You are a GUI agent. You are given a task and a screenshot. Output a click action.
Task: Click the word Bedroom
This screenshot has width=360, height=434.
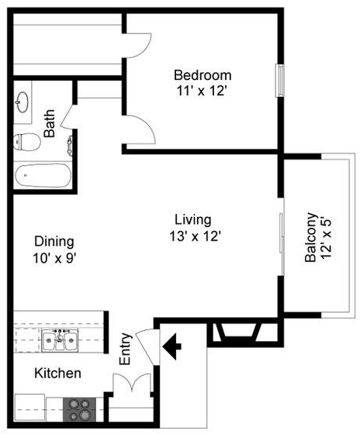[202, 75]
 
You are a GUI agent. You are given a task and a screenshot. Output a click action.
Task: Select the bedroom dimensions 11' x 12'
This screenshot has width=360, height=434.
[202, 91]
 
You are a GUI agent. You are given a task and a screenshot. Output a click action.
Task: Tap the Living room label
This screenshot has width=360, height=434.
[193, 220]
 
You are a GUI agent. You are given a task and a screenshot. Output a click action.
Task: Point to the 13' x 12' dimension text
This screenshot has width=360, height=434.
[195, 236]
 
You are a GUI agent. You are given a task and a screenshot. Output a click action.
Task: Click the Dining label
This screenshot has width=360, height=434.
[54, 242]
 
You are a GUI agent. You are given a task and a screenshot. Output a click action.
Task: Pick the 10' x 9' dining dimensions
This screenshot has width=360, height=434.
[54, 259]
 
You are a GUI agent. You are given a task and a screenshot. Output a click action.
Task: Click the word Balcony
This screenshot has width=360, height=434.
[310, 237]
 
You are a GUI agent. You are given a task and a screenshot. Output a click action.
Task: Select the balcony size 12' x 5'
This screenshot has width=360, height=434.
[326, 239]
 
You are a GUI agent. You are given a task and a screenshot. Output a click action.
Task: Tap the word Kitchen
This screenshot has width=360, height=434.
[57, 373]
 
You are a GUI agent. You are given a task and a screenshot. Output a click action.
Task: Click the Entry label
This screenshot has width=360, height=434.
[126, 349]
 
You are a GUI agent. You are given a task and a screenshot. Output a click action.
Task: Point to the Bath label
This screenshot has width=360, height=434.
[50, 123]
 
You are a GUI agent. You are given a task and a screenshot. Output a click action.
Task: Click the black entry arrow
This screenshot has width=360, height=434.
[171, 346]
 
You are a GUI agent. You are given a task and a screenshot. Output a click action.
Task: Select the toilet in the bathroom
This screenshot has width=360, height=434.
[27, 142]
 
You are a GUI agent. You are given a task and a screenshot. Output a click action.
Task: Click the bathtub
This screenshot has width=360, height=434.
[43, 175]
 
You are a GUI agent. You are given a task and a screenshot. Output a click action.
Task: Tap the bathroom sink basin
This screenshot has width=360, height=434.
[22, 102]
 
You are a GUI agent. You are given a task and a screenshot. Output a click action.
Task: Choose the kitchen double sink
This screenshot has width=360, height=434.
[60, 340]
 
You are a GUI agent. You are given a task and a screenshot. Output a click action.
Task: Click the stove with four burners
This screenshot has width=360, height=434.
[80, 409]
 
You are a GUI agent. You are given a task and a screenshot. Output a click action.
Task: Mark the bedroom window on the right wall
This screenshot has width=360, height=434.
[280, 81]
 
